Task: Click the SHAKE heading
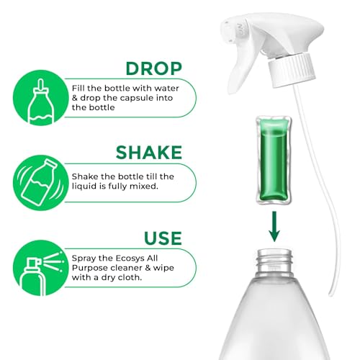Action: (x=148, y=152)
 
